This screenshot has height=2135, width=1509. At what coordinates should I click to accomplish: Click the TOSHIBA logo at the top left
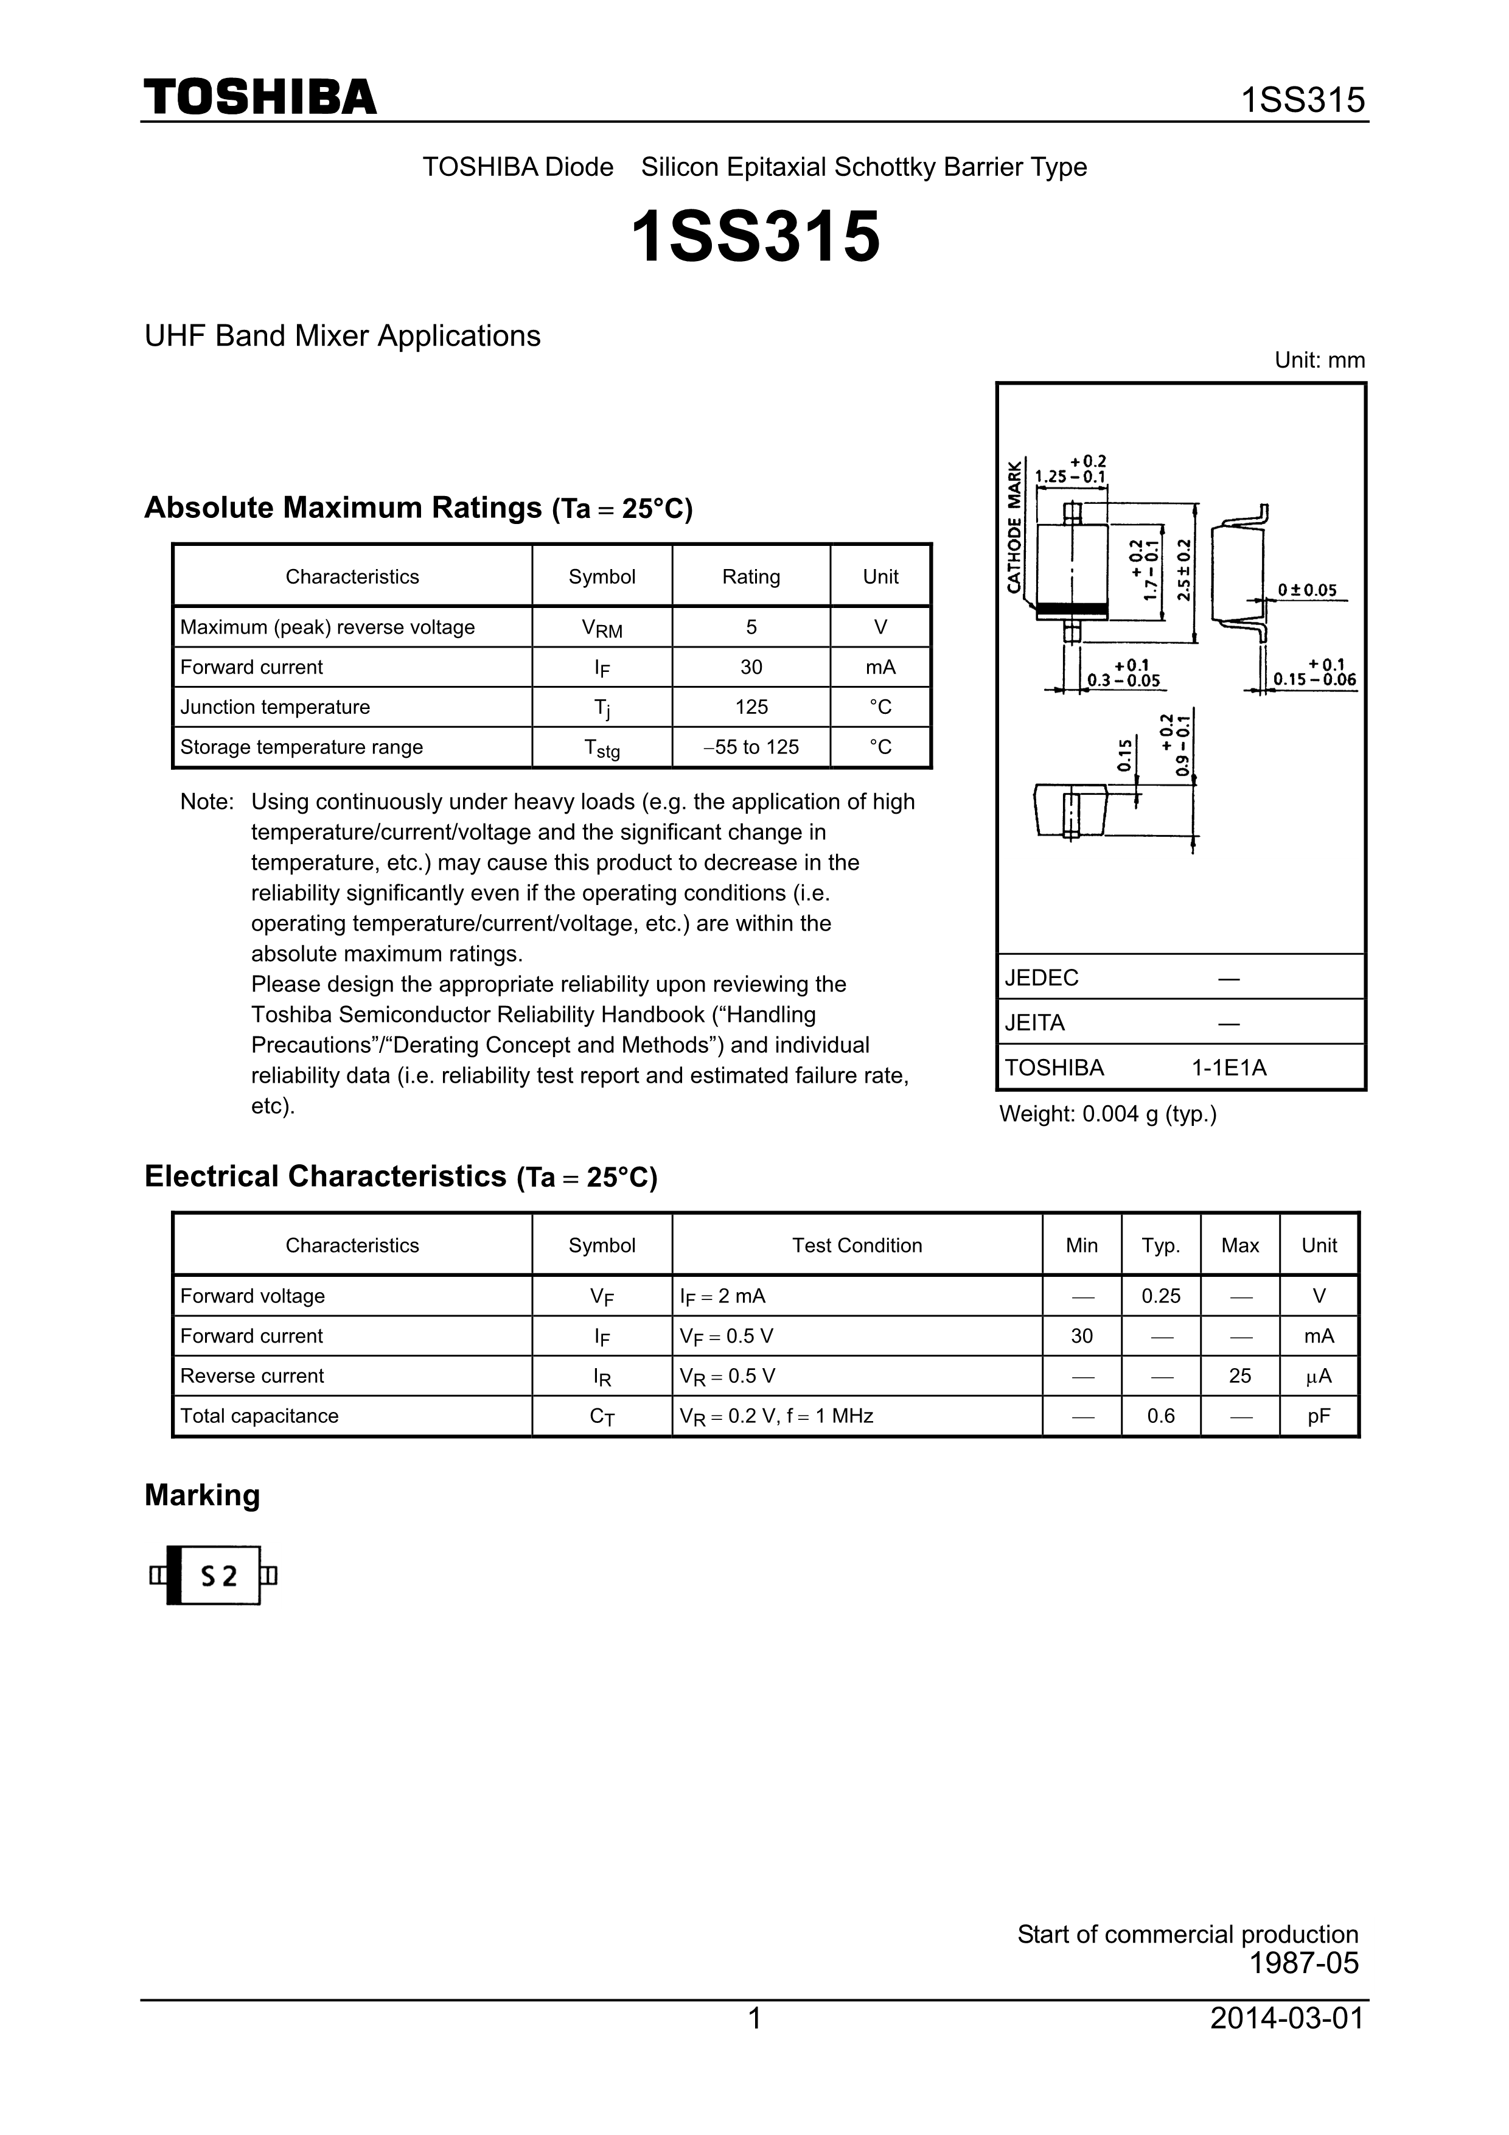point(259,97)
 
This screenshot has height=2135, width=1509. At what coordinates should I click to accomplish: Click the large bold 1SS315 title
point(755,237)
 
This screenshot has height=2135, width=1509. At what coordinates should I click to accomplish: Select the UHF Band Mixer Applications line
point(342,336)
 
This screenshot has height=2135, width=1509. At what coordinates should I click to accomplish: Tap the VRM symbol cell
point(602,629)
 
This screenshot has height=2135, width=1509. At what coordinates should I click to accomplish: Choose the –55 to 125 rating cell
point(751,747)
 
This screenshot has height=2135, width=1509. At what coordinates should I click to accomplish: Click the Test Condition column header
point(856,1246)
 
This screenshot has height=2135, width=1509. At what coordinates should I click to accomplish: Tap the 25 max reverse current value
point(1239,1376)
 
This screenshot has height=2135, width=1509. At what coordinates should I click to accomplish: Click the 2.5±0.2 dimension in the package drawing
point(1183,570)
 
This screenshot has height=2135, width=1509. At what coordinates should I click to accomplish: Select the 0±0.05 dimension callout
point(1306,590)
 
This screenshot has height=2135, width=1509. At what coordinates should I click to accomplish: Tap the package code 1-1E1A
point(1229,1067)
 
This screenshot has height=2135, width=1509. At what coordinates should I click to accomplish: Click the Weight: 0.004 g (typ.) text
point(1107,1114)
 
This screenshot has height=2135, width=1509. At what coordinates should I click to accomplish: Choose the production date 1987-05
point(1303,1963)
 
